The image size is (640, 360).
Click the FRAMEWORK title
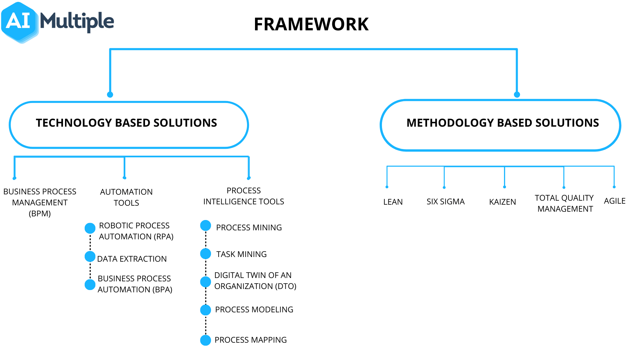(x=311, y=24)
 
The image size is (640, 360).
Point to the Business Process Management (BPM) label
(x=40, y=203)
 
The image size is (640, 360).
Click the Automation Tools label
(x=126, y=197)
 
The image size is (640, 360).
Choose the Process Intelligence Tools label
(x=244, y=196)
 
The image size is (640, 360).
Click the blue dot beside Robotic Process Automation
(x=90, y=228)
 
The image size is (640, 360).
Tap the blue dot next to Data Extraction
(x=90, y=257)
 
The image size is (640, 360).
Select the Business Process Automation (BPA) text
(x=135, y=284)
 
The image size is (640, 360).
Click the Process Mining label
(x=249, y=228)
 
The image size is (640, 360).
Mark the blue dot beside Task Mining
(x=206, y=254)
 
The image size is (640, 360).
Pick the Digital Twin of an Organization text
(x=255, y=281)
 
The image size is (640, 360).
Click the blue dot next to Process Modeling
(x=206, y=310)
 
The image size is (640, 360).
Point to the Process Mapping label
(x=251, y=340)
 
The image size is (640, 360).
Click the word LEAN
(x=393, y=202)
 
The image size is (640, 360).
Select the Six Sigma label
(x=446, y=202)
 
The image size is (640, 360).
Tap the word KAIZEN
(x=502, y=202)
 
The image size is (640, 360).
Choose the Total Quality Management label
(x=565, y=203)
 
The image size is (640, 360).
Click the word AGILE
(x=615, y=201)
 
